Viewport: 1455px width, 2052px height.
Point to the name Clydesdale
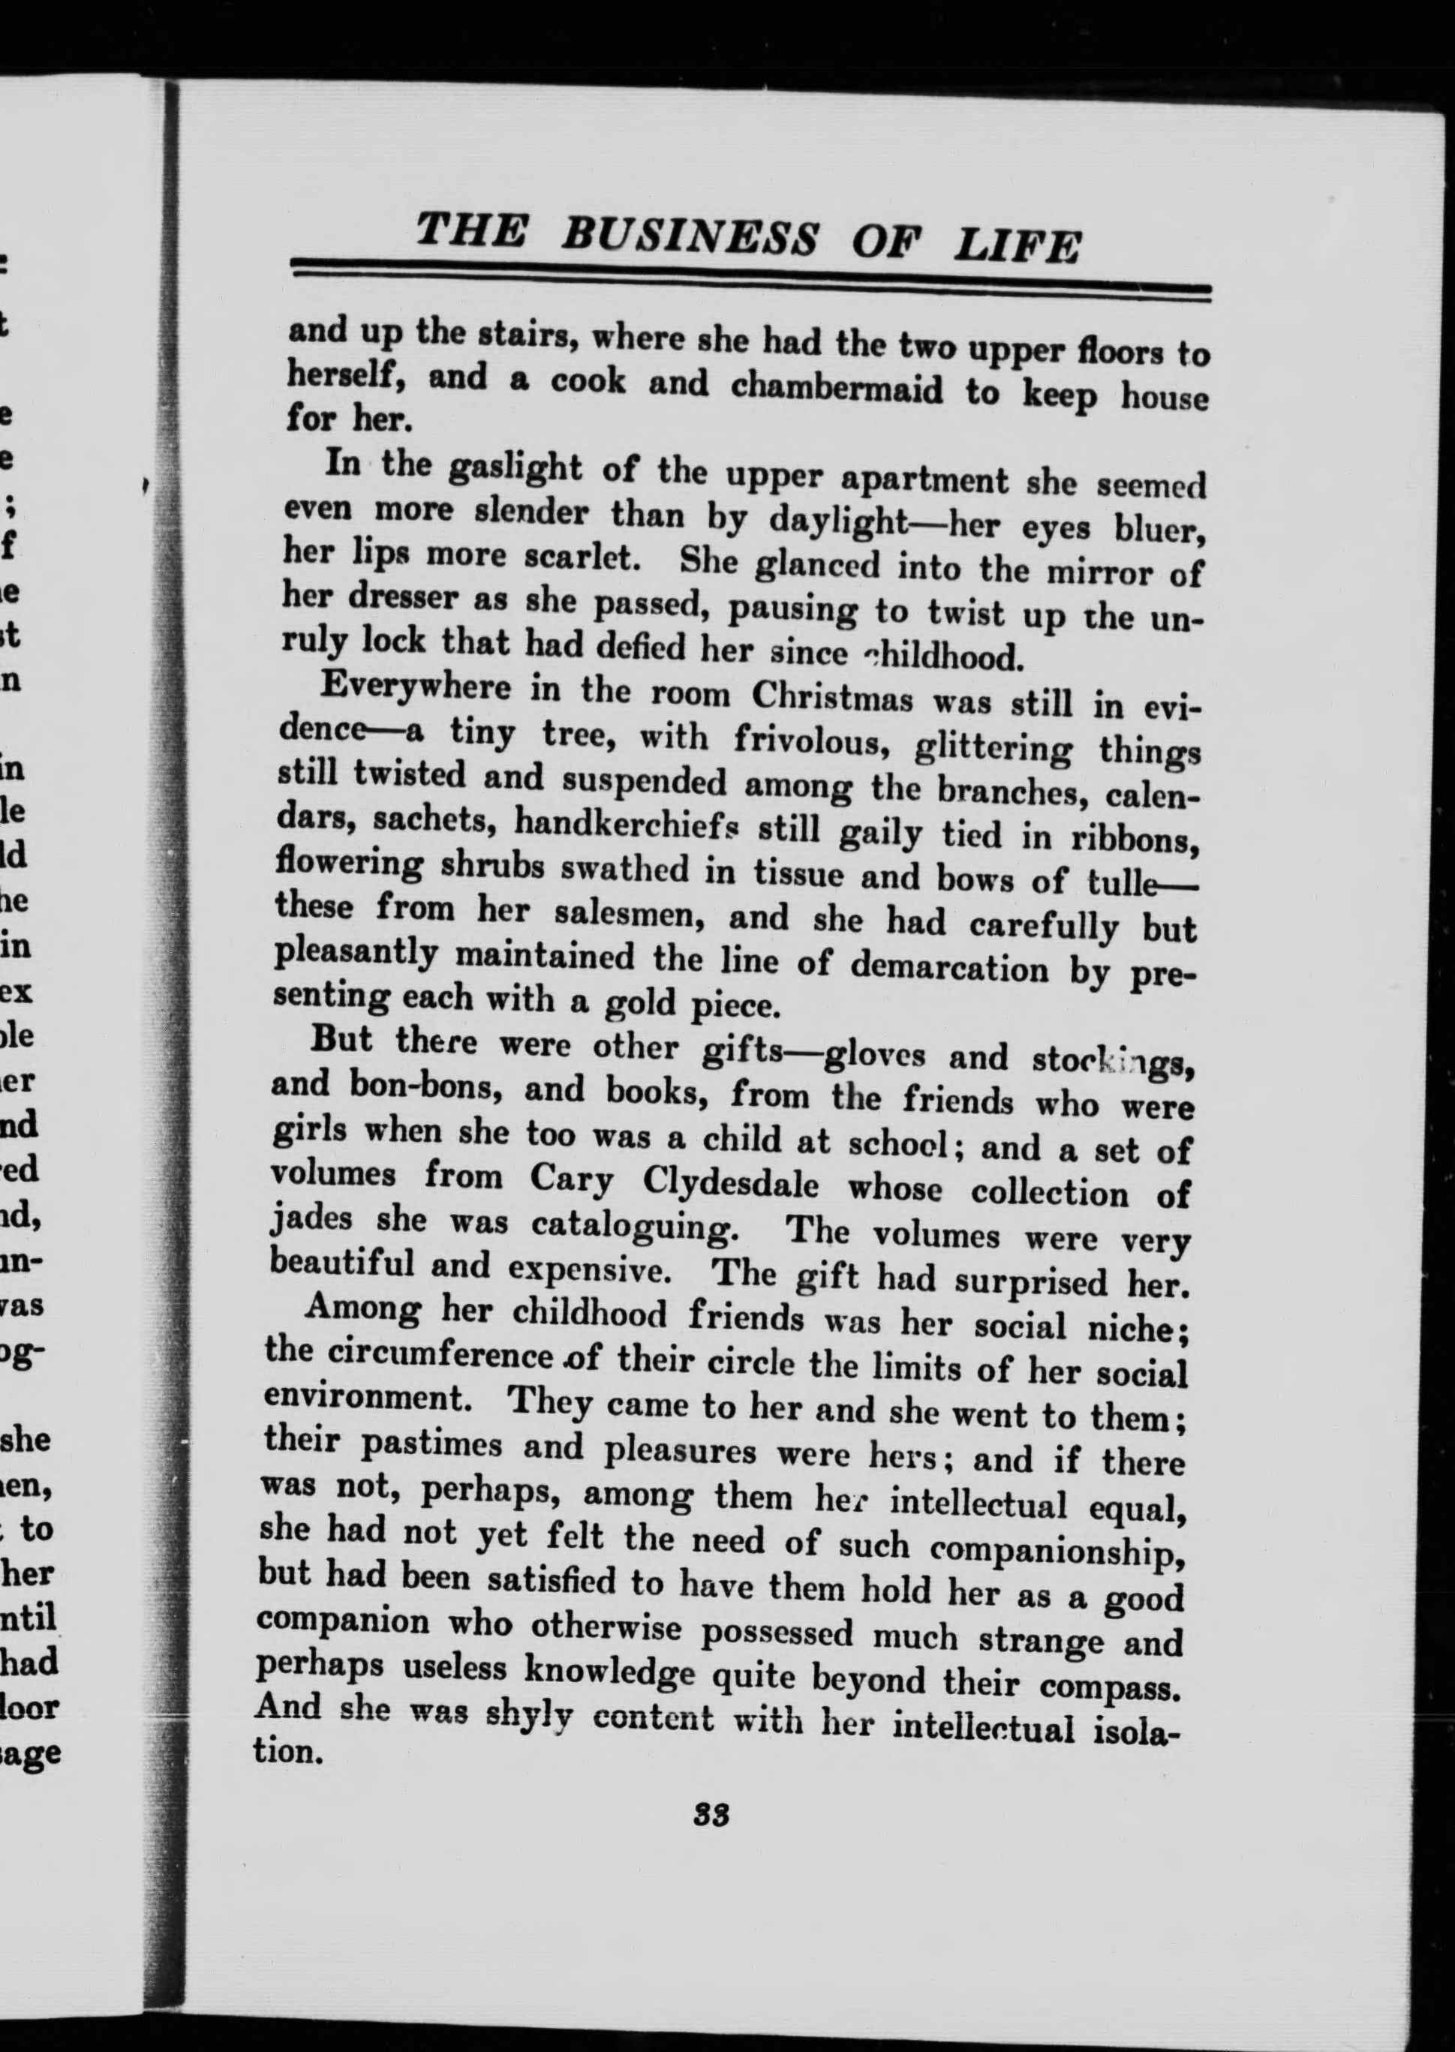tap(730, 1184)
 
